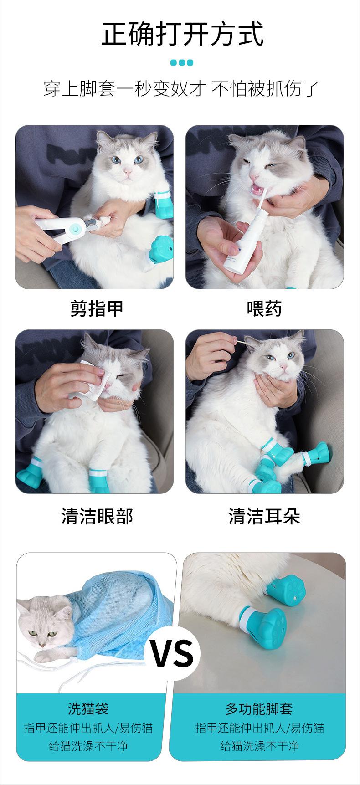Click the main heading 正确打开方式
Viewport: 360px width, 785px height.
pos(182,33)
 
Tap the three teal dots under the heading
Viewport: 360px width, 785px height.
pos(182,63)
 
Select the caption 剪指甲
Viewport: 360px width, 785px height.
pos(97,308)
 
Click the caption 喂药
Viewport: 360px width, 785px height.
pos(264,308)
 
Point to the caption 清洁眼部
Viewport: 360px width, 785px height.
pos(97,516)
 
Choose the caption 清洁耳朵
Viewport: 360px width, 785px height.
pos(264,516)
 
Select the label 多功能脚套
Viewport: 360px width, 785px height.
pos(259,709)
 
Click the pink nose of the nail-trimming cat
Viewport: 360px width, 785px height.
pos(129,174)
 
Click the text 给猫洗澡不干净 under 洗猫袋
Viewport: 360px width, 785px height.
pos(88,746)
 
